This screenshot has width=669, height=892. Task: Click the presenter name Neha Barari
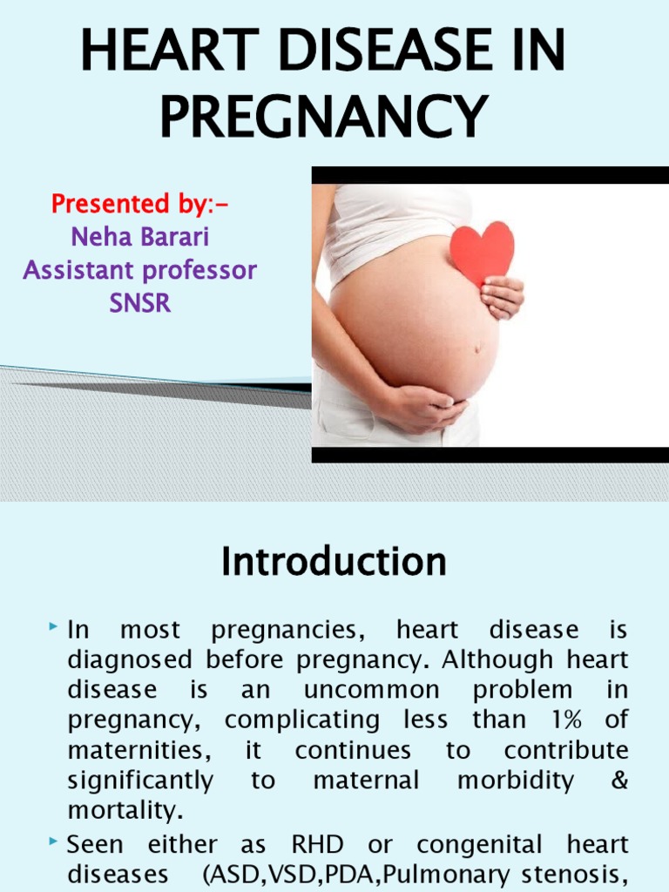point(140,237)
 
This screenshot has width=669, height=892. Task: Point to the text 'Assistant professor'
point(140,270)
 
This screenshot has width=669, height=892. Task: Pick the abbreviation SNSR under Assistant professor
point(140,304)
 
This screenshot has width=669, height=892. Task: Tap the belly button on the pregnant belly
point(476,348)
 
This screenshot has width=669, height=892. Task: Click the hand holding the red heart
point(503,296)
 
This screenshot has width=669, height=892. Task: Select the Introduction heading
point(334,562)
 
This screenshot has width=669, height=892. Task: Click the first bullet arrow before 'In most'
point(54,626)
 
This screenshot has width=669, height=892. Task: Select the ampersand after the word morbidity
point(619,780)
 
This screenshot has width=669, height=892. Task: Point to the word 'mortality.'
point(125,810)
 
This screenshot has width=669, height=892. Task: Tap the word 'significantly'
point(139,780)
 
